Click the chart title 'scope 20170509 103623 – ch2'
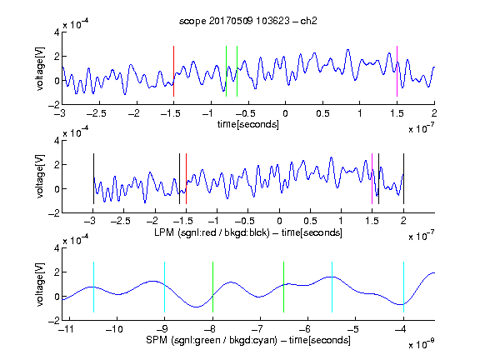pyautogui.click(x=247, y=21)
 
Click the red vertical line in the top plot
pyautogui.click(x=173, y=72)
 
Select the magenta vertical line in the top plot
pyautogui.click(x=397, y=72)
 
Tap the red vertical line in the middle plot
pyautogui.click(x=186, y=179)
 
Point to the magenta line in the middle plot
pyautogui.click(x=372, y=179)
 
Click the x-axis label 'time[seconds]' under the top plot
pyautogui.click(x=248, y=124)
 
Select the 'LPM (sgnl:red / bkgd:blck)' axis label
pyautogui.click(x=212, y=232)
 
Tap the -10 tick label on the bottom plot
pyautogui.click(x=114, y=329)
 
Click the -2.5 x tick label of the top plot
pyautogui.click(x=96, y=113)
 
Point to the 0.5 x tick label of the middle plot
pyautogui.click(x=310, y=221)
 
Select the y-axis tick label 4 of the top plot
pyautogui.click(x=57, y=32)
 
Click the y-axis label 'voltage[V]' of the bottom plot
pyautogui.click(x=40, y=284)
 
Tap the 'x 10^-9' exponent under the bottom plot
pyautogui.click(x=421, y=344)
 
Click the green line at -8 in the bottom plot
pyautogui.click(x=212, y=287)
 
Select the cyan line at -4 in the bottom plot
pyautogui.click(x=403, y=287)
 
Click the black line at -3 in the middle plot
pyautogui.click(x=93, y=179)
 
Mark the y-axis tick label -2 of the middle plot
pyautogui.click(x=54, y=213)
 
